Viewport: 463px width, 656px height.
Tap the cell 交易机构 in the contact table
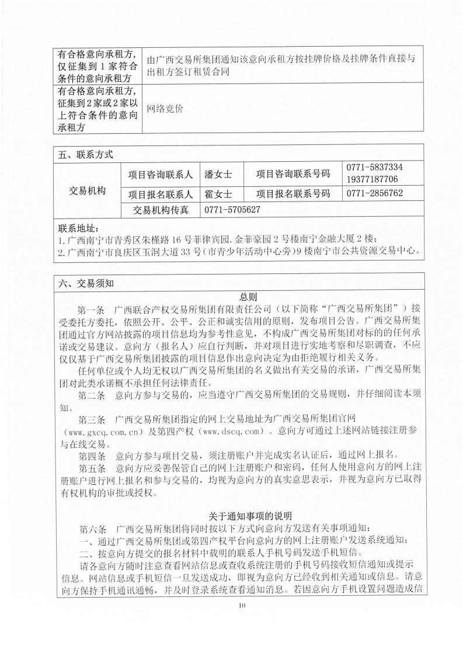[88, 191]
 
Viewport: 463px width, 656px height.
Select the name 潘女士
[218, 173]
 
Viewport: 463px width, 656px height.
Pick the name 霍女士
[218, 194]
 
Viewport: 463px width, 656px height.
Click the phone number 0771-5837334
[374, 167]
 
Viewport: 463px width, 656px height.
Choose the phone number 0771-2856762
[374, 193]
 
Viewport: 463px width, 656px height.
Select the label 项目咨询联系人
[161, 173]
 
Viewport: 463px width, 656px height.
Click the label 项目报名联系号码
[293, 194]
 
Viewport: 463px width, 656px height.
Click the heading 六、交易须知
[85, 283]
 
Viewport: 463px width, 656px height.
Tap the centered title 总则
[248, 296]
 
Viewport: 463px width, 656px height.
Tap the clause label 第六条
[92, 529]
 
